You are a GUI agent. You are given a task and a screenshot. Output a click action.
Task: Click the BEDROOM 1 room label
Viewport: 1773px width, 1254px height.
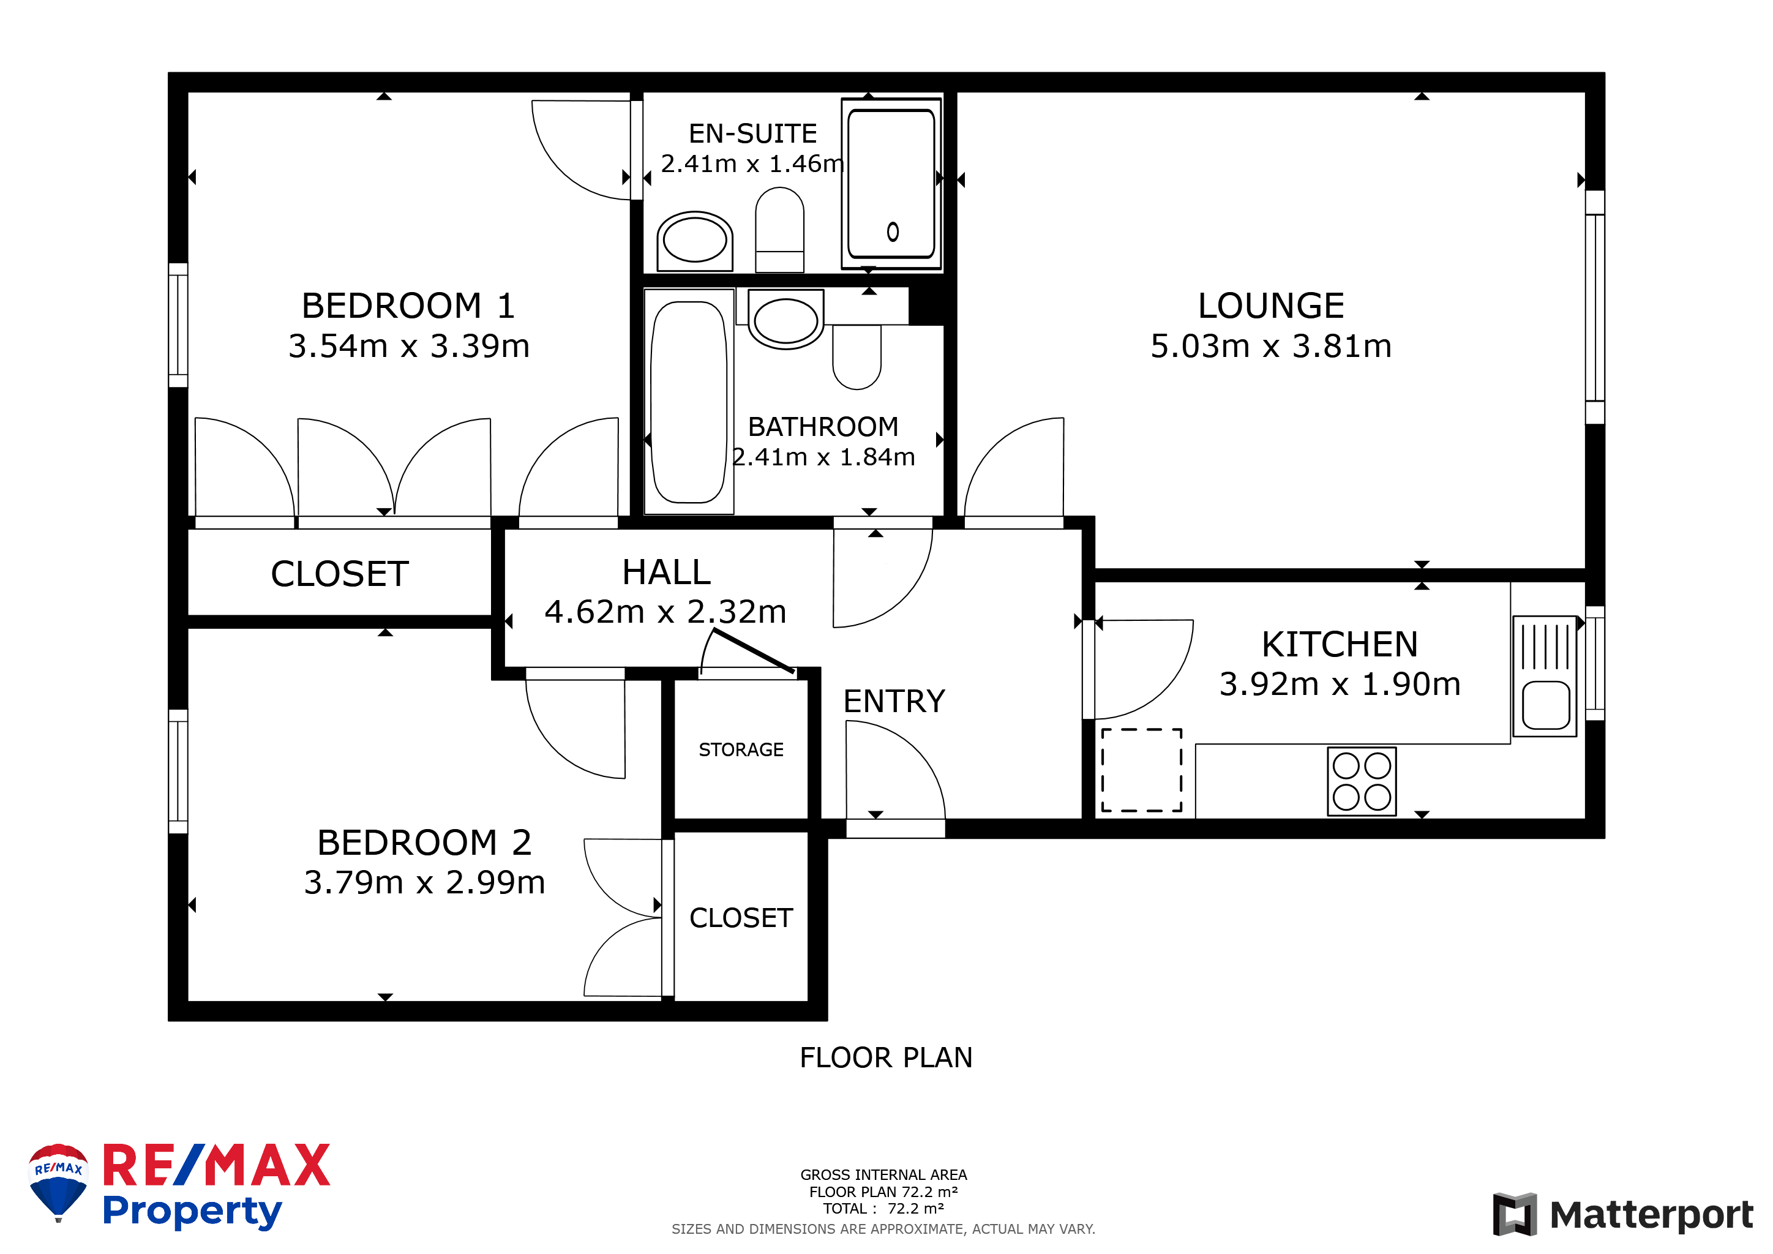(408, 306)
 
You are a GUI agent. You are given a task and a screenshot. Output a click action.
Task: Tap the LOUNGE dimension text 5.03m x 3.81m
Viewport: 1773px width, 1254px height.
(1271, 346)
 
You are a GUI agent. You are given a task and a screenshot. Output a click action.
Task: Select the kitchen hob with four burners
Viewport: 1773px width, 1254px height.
(1362, 781)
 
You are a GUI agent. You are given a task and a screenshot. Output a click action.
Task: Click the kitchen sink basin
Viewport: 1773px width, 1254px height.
(1546, 705)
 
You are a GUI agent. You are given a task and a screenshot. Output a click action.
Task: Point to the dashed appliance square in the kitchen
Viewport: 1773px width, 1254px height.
(1141, 770)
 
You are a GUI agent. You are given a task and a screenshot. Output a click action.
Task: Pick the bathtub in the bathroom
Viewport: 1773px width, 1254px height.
(689, 402)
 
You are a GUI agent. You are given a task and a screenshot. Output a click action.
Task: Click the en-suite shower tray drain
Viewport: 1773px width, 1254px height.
(893, 231)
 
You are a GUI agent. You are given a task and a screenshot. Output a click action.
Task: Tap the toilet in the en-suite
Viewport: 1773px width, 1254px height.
(779, 230)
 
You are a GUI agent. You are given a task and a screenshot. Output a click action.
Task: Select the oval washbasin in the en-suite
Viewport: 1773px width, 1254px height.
(694, 241)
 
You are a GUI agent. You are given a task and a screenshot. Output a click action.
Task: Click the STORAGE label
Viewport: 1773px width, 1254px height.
(741, 750)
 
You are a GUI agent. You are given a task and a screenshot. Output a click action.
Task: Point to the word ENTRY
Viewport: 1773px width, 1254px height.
(893, 701)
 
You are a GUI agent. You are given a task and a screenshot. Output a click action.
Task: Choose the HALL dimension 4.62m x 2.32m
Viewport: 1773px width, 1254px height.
(665, 612)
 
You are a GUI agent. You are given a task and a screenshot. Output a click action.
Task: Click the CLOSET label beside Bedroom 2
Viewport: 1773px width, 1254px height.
(741, 917)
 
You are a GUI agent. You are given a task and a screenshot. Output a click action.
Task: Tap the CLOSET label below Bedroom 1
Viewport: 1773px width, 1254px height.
(339, 574)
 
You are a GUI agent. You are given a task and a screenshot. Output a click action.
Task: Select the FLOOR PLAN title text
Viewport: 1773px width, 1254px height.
(886, 1057)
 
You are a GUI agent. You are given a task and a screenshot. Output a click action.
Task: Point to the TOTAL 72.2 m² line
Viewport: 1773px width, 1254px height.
(883, 1209)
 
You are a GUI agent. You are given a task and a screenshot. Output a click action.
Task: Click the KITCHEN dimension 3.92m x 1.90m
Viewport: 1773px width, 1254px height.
(1340, 684)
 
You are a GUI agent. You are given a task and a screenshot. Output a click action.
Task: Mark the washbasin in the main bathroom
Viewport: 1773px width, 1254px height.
(785, 320)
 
